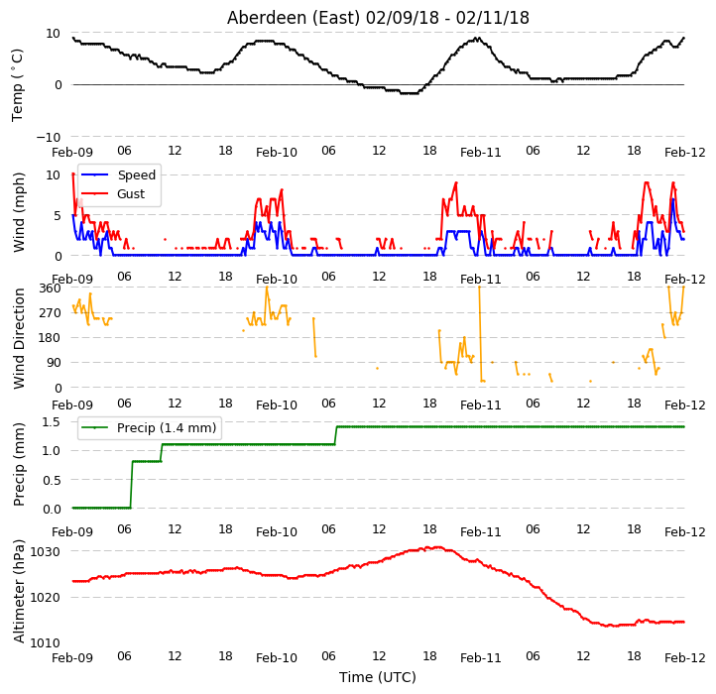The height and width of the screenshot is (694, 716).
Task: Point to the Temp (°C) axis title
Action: click(17, 85)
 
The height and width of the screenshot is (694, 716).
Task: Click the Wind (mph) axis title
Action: click(19, 212)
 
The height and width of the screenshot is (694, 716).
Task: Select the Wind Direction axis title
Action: click(19, 338)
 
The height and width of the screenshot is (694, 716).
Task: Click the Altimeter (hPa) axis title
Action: click(19, 591)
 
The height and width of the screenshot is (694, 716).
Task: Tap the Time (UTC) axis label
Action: click(378, 677)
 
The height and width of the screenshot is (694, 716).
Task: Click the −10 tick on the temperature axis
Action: click(48, 137)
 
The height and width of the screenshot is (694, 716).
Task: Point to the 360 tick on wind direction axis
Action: click(51, 289)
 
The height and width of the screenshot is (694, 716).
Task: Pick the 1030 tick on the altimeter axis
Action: click(45, 551)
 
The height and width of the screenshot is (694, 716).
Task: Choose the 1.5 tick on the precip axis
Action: click(52, 422)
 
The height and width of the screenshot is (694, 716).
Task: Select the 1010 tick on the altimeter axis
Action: click(45, 642)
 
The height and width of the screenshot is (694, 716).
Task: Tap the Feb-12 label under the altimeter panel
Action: click(685, 658)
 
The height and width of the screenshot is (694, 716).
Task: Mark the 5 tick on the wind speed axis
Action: click(58, 215)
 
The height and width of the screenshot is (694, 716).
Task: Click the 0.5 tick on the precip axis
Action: click(52, 480)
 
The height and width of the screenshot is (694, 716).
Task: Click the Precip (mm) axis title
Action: click(19, 464)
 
